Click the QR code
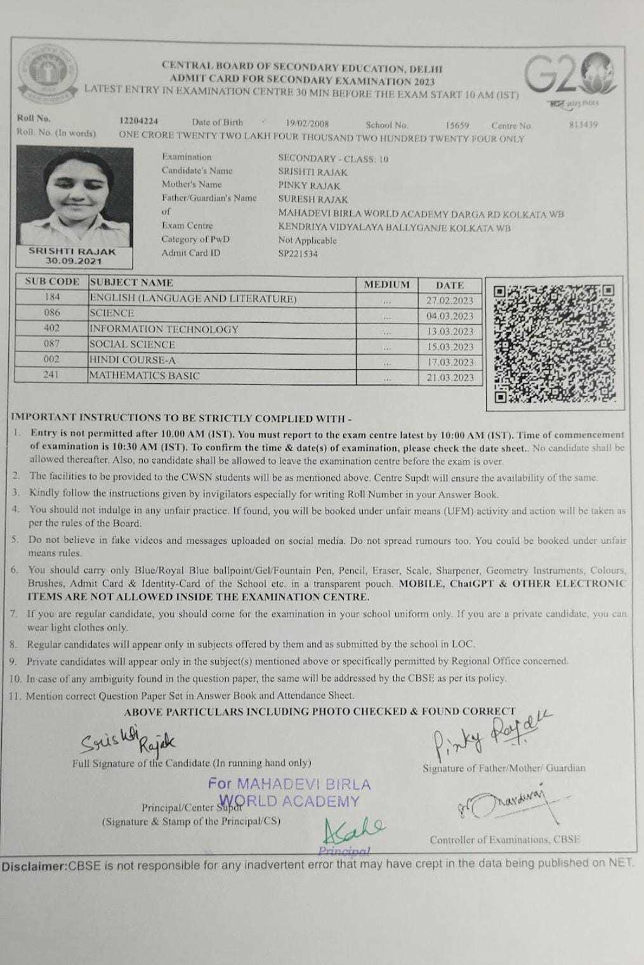pos(554,343)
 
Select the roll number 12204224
pos(139,121)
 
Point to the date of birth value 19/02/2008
pos(307,124)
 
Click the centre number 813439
pos(583,125)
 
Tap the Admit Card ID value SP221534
pos(298,254)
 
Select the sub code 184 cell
pos(52,297)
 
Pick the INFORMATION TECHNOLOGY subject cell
pos(164,329)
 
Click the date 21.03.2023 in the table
pos(450,377)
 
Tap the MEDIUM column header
pos(386,284)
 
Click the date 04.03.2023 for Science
pos(450,316)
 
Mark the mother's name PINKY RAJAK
pos(309,185)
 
